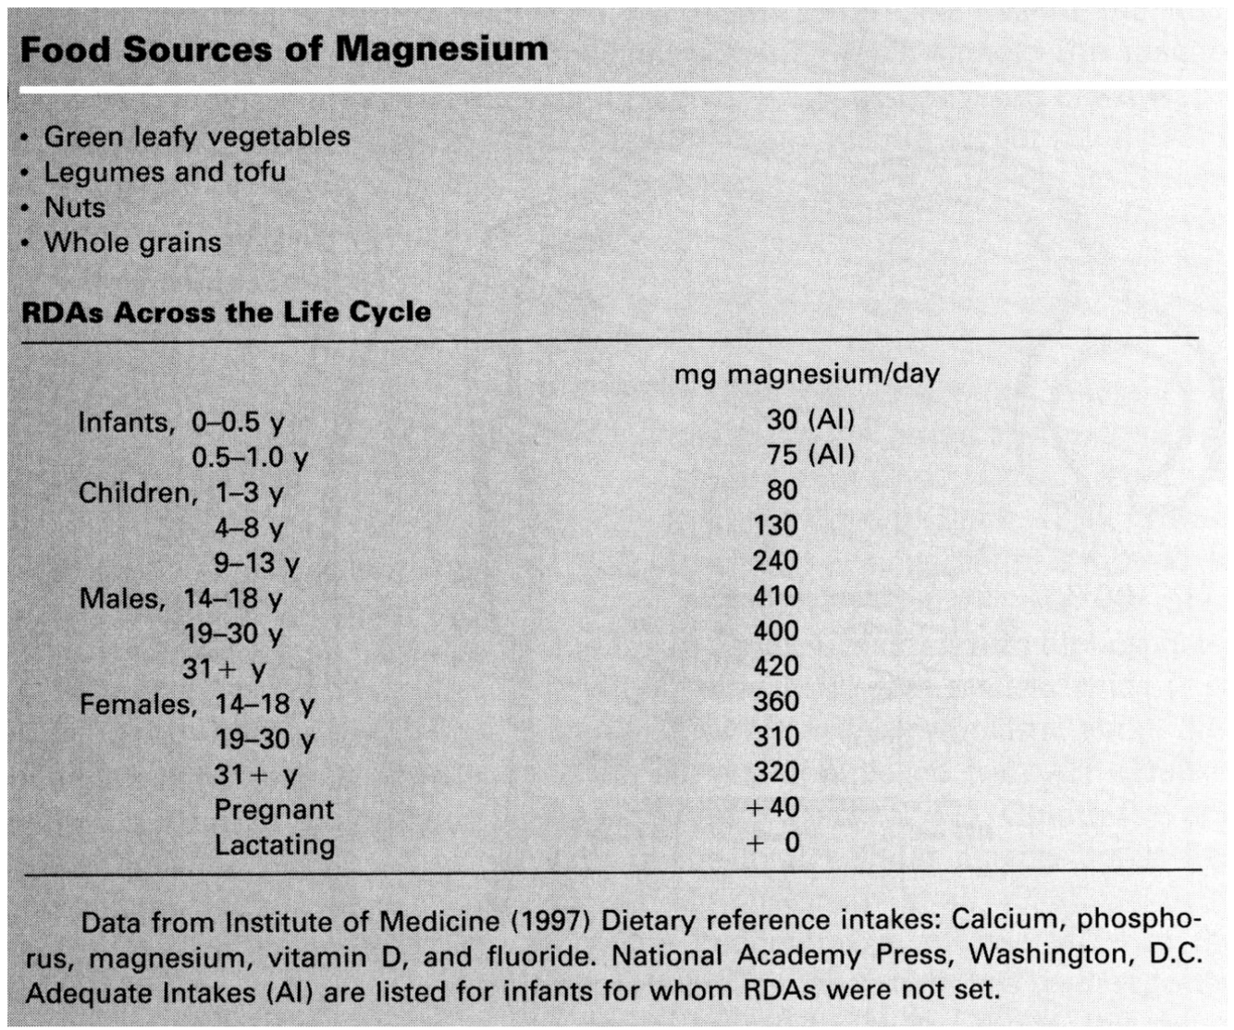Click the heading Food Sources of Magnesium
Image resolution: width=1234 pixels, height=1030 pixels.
(x=284, y=48)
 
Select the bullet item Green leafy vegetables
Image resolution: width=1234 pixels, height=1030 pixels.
(x=197, y=137)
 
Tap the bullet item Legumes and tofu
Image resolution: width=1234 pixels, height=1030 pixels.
(x=165, y=172)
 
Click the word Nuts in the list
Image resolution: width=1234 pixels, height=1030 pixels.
(x=75, y=207)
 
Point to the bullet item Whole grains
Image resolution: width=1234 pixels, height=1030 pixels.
(x=132, y=242)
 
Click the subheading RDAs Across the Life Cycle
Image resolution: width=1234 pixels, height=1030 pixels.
(x=226, y=312)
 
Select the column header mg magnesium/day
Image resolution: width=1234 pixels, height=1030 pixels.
(x=806, y=374)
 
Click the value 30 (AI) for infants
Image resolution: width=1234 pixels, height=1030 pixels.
(x=809, y=420)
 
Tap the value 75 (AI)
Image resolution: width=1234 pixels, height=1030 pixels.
(x=809, y=455)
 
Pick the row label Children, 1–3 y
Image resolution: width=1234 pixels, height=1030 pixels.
(x=180, y=493)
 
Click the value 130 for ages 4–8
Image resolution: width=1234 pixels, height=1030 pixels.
(x=775, y=526)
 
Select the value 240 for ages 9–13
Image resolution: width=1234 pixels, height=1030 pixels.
(x=775, y=561)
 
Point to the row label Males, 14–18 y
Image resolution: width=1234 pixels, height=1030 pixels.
(x=180, y=599)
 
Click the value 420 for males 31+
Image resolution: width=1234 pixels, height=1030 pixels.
(x=775, y=667)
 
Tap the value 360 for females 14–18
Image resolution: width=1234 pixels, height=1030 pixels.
(x=775, y=702)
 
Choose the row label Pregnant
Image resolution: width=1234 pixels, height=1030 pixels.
(x=274, y=810)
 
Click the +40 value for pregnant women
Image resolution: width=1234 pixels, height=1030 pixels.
(x=773, y=807)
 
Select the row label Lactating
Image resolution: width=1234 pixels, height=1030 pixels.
(x=275, y=845)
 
